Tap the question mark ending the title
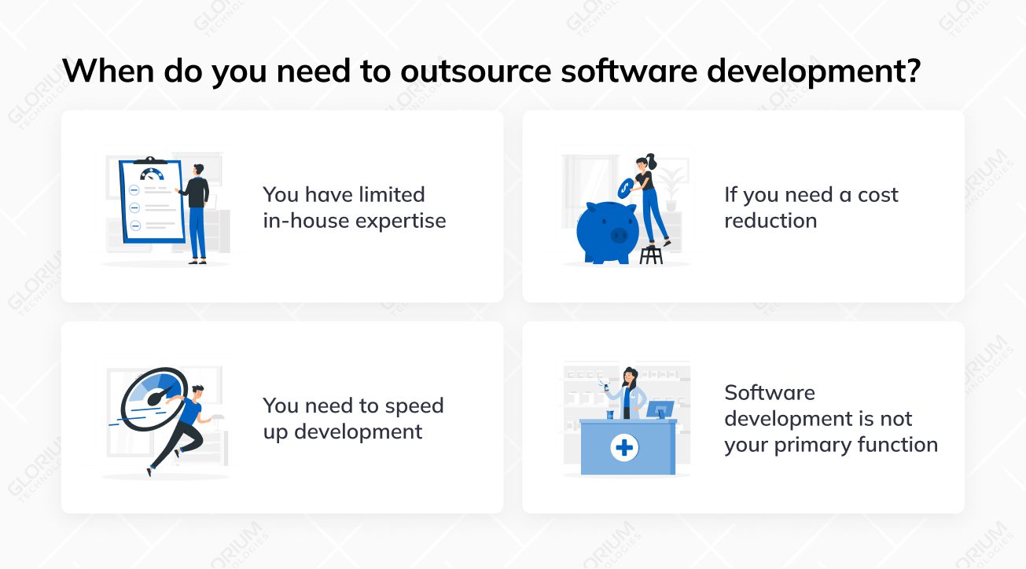click(x=912, y=71)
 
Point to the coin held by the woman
click(x=626, y=186)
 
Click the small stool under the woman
click(x=651, y=255)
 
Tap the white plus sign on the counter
click(x=625, y=448)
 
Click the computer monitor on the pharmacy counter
click(x=660, y=409)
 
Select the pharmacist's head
click(x=630, y=376)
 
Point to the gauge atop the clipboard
click(x=151, y=172)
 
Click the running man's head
click(x=197, y=391)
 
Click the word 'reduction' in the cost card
click(x=770, y=221)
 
